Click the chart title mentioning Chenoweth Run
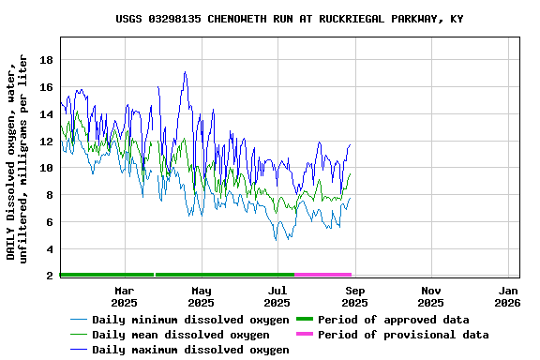pos(289,19)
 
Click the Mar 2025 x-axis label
pos(124,296)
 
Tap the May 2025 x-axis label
pos(201,296)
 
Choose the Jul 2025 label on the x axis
pos(277,296)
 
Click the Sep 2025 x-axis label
pos(354,296)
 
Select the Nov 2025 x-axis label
pos(431,296)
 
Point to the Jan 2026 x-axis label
pos(507,296)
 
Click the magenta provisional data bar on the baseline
pos(322,275)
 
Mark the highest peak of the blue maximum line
pos(185,72)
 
